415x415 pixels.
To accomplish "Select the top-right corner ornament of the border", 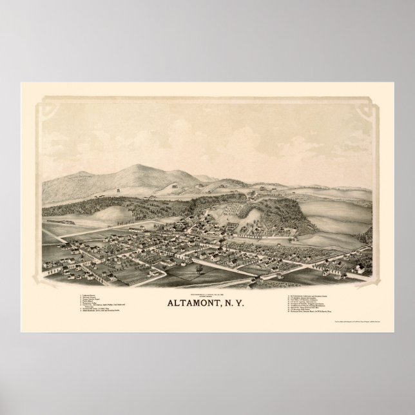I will pos(371,104).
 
